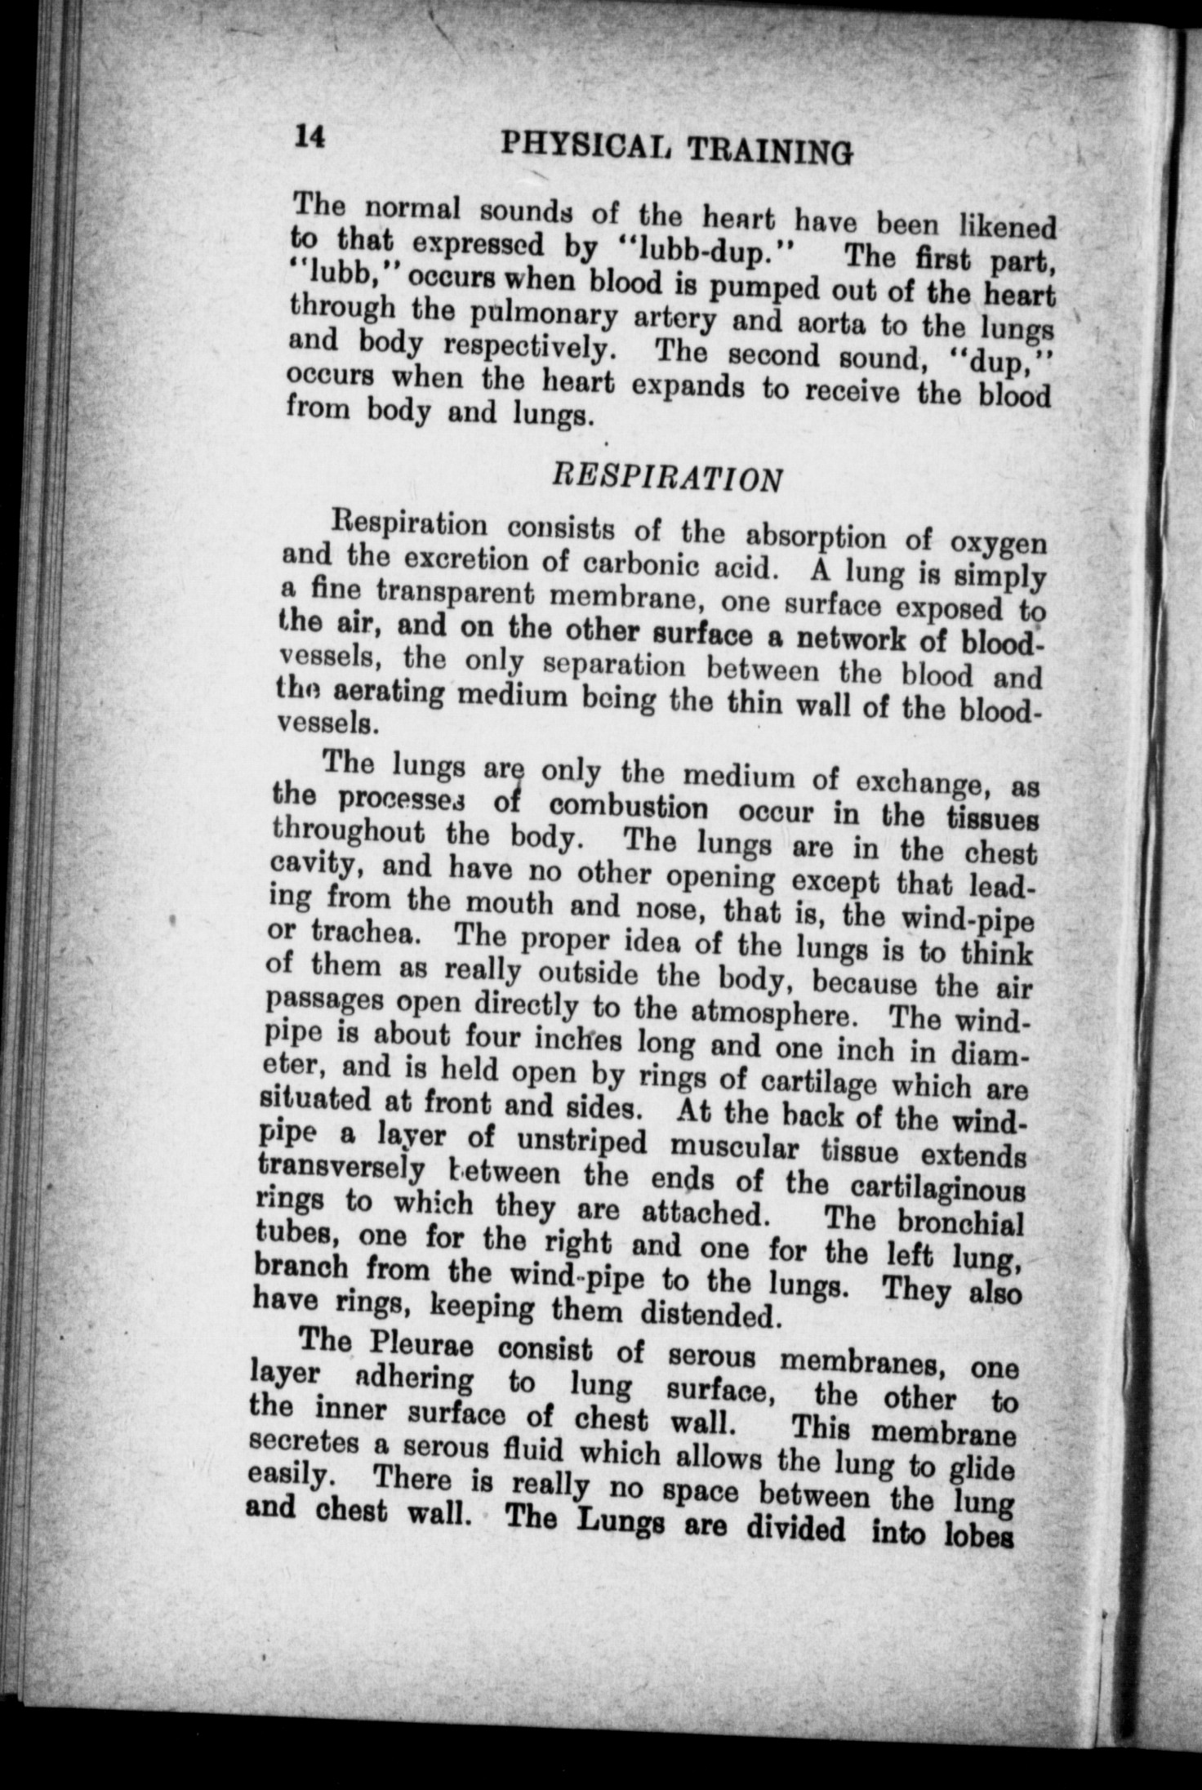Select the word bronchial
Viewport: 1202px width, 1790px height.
(x=960, y=1222)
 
